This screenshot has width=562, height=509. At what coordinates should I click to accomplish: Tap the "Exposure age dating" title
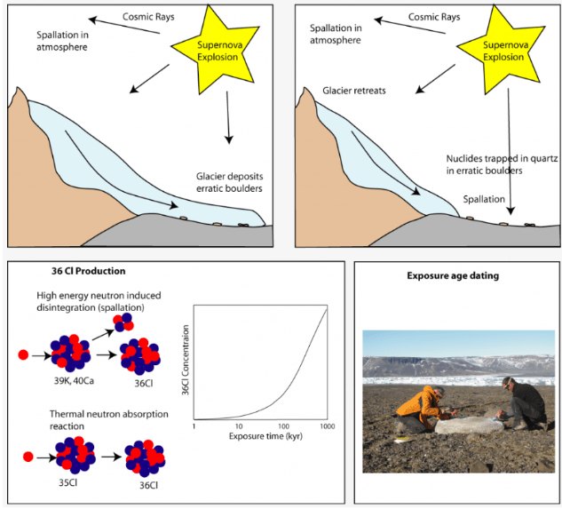[452, 275]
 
